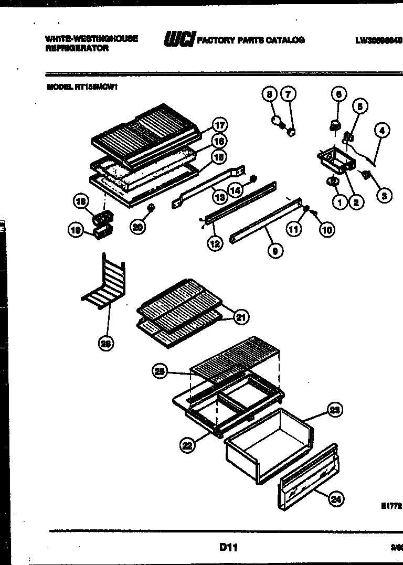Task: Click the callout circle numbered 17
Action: [x=219, y=125]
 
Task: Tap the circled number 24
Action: [x=336, y=500]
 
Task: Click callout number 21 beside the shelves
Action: [x=241, y=317]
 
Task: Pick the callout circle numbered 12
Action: [x=215, y=243]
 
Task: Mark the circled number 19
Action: [x=76, y=229]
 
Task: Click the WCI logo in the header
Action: [x=179, y=39]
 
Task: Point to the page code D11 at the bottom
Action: [x=228, y=547]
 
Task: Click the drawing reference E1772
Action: [x=391, y=506]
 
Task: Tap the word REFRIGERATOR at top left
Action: [x=77, y=48]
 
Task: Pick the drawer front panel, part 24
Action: [x=307, y=475]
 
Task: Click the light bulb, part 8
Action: [x=276, y=122]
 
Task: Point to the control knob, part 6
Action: [x=334, y=125]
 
